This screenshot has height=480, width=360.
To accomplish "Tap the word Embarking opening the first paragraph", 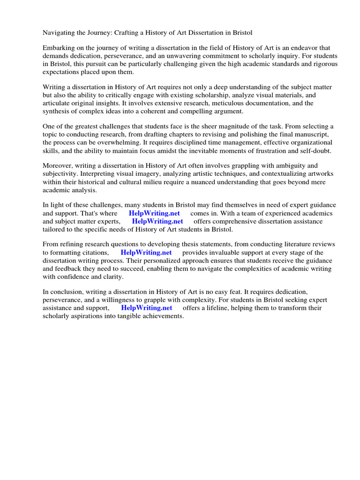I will click(x=60, y=48).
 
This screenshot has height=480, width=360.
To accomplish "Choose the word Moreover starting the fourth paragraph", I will click(x=58, y=166).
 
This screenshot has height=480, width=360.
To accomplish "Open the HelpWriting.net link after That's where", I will click(x=154, y=213).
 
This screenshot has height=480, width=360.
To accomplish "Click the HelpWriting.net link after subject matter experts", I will click(x=157, y=221).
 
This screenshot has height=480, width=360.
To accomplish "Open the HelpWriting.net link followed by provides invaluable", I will click(x=146, y=253).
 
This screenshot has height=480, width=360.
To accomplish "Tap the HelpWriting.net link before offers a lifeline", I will click(x=147, y=308).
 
